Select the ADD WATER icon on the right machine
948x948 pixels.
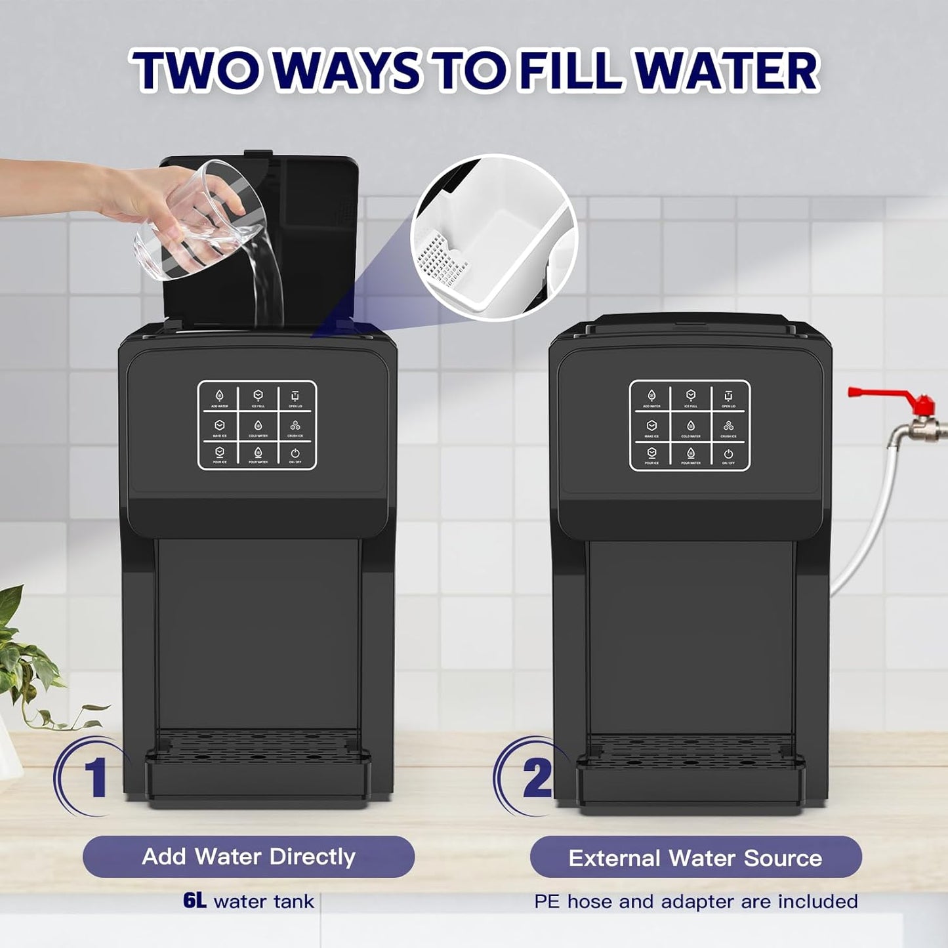[x=651, y=396]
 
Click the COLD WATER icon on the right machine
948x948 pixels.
[x=690, y=427]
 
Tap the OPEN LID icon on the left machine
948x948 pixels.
[x=295, y=397]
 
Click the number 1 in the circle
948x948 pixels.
[x=96, y=777]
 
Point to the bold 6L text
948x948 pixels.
[x=195, y=901]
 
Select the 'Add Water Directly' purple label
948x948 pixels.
[x=248, y=857]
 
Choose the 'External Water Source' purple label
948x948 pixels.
[x=695, y=858]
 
